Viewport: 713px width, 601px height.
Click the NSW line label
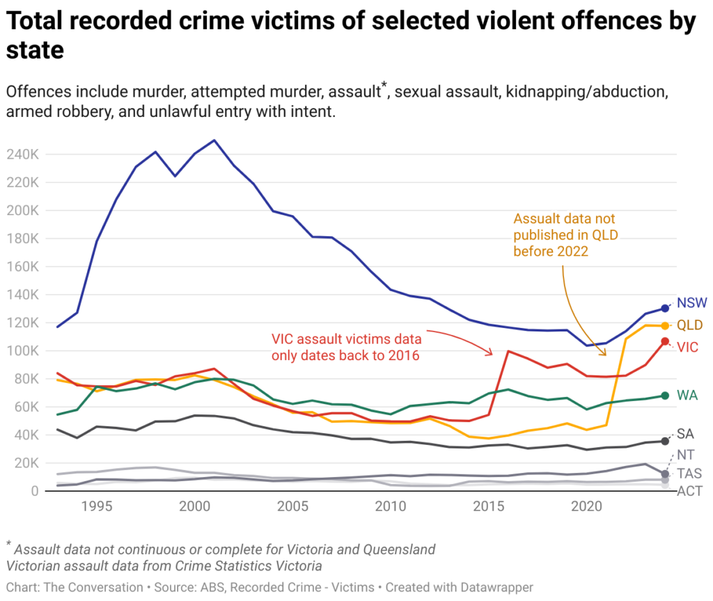click(x=691, y=303)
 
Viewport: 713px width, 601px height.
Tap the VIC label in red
click(x=689, y=347)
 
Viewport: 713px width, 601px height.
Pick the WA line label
click(x=688, y=396)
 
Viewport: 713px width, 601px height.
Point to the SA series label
click(x=686, y=434)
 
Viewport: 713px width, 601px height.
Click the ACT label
click(x=689, y=492)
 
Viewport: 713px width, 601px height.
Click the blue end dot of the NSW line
click(x=665, y=308)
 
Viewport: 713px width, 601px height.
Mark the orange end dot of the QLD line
click(x=665, y=326)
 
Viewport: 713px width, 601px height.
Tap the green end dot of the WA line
click(x=665, y=396)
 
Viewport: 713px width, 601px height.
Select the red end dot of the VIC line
click(x=665, y=341)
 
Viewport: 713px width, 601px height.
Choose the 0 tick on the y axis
click(x=33, y=491)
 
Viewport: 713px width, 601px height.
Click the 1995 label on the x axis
click(x=97, y=506)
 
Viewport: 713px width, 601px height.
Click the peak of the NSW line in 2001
click(x=214, y=140)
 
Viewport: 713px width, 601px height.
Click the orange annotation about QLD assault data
click(x=564, y=235)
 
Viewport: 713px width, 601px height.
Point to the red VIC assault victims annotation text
click(x=346, y=347)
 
